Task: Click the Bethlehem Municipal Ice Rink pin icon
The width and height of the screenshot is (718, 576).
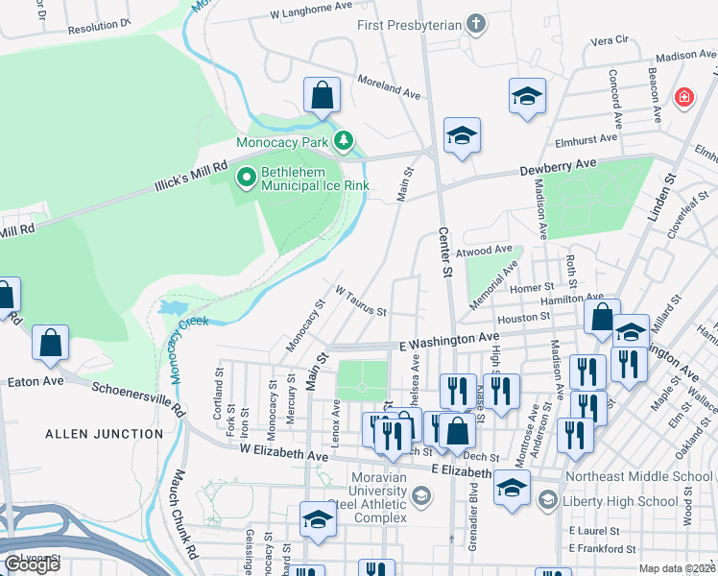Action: (x=247, y=176)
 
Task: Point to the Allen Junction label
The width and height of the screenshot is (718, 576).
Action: (x=105, y=434)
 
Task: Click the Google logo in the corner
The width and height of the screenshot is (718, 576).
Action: (x=32, y=564)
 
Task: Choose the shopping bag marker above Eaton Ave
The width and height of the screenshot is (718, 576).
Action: (x=50, y=343)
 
